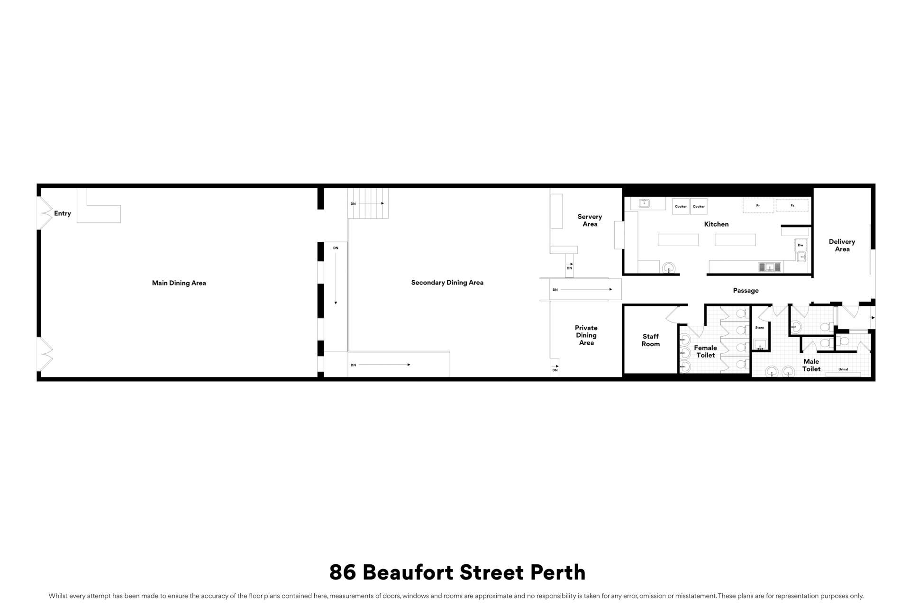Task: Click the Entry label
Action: click(x=63, y=213)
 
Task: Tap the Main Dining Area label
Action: click(x=179, y=283)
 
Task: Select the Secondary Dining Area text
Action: click(x=447, y=283)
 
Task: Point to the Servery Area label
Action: click(x=590, y=221)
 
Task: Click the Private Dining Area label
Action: click(x=586, y=335)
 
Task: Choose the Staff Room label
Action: click(x=651, y=340)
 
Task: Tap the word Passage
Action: click(x=746, y=291)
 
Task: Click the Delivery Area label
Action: click(x=842, y=246)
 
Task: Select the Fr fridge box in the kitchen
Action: click(x=758, y=205)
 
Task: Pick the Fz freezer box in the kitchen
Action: click(x=792, y=205)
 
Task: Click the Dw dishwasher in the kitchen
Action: click(x=801, y=245)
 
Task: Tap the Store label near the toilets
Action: click(x=759, y=328)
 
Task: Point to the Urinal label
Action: click(x=843, y=369)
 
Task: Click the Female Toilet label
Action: click(x=705, y=351)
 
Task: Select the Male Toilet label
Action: click(x=811, y=365)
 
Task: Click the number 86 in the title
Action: click(x=343, y=572)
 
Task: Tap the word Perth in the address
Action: click(x=558, y=572)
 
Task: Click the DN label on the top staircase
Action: click(x=353, y=204)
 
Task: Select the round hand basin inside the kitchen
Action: click(x=669, y=268)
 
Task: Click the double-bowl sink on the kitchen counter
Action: click(x=770, y=267)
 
